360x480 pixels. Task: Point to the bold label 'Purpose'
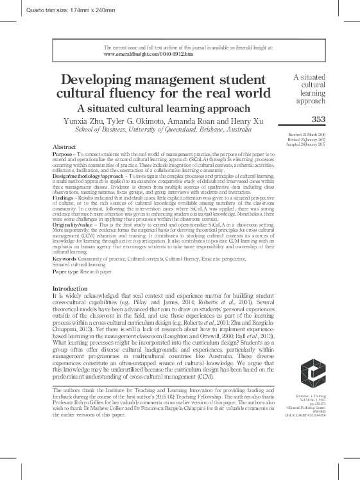pyautogui.click(x=63, y=155)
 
